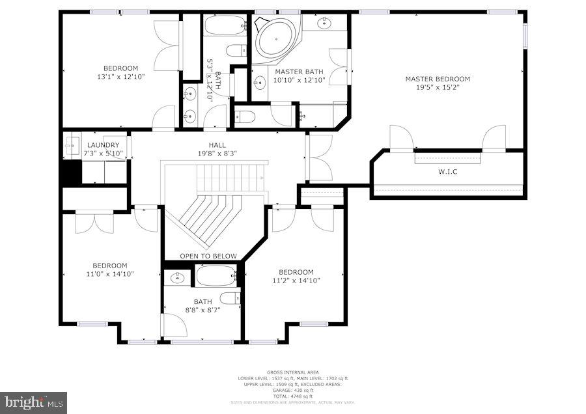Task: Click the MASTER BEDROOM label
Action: (437, 79)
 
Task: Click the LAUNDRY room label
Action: (102, 145)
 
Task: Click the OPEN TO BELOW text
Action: (208, 256)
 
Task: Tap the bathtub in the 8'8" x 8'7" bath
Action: (217, 277)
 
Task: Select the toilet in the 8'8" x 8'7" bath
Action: (229, 298)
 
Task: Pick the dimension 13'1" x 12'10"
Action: (120, 77)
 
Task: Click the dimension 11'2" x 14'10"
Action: (296, 281)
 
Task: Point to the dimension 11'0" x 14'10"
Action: (109, 274)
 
